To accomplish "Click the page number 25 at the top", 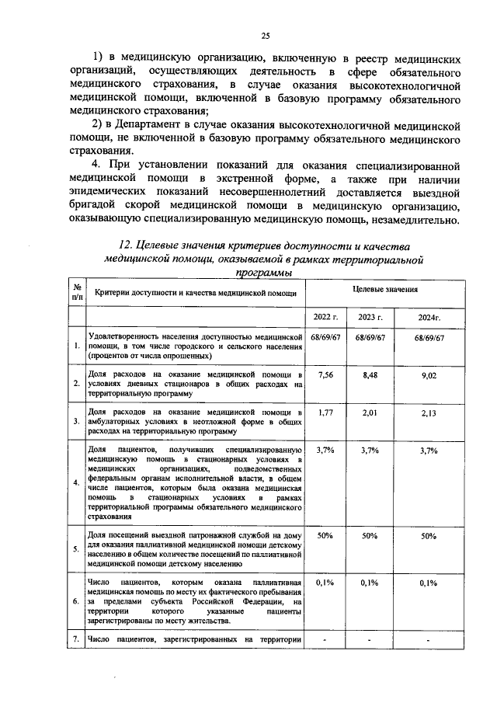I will pyautogui.click(x=265, y=36).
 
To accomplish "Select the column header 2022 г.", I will pyautogui.click(x=326, y=317).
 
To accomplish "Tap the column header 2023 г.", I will pyautogui.click(x=370, y=317).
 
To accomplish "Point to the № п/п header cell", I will pyautogui.click(x=76, y=292).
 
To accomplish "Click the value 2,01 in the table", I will pyautogui.click(x=370, y=412).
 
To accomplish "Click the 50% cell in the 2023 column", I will pyautogui.click(x=370, y=535).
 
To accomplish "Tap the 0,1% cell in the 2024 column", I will pyautogui.click(x=428, y=582).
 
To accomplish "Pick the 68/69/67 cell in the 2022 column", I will pyautogui.click(x=325, y=338).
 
